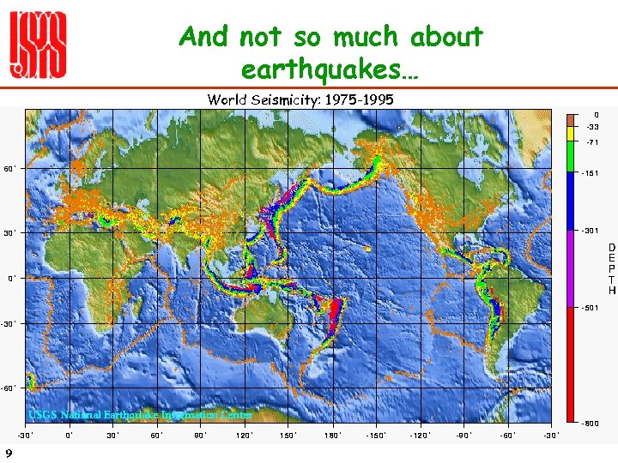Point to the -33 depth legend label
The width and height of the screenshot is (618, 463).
click(591, 127)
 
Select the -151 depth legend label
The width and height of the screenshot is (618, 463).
click(591, 173)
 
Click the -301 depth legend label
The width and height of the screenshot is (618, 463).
click(591, 231)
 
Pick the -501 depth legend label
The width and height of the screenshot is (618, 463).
click(591, 307)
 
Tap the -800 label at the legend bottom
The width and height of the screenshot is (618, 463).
click(591, 424)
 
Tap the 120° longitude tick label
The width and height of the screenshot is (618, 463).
click(245, 435)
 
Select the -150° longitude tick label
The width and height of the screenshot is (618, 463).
click(376, 435)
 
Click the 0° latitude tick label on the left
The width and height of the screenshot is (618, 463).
click(10, 278)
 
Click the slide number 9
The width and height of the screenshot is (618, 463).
click(8, 453)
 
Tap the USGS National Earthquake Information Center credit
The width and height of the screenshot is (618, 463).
click(140, 415)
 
